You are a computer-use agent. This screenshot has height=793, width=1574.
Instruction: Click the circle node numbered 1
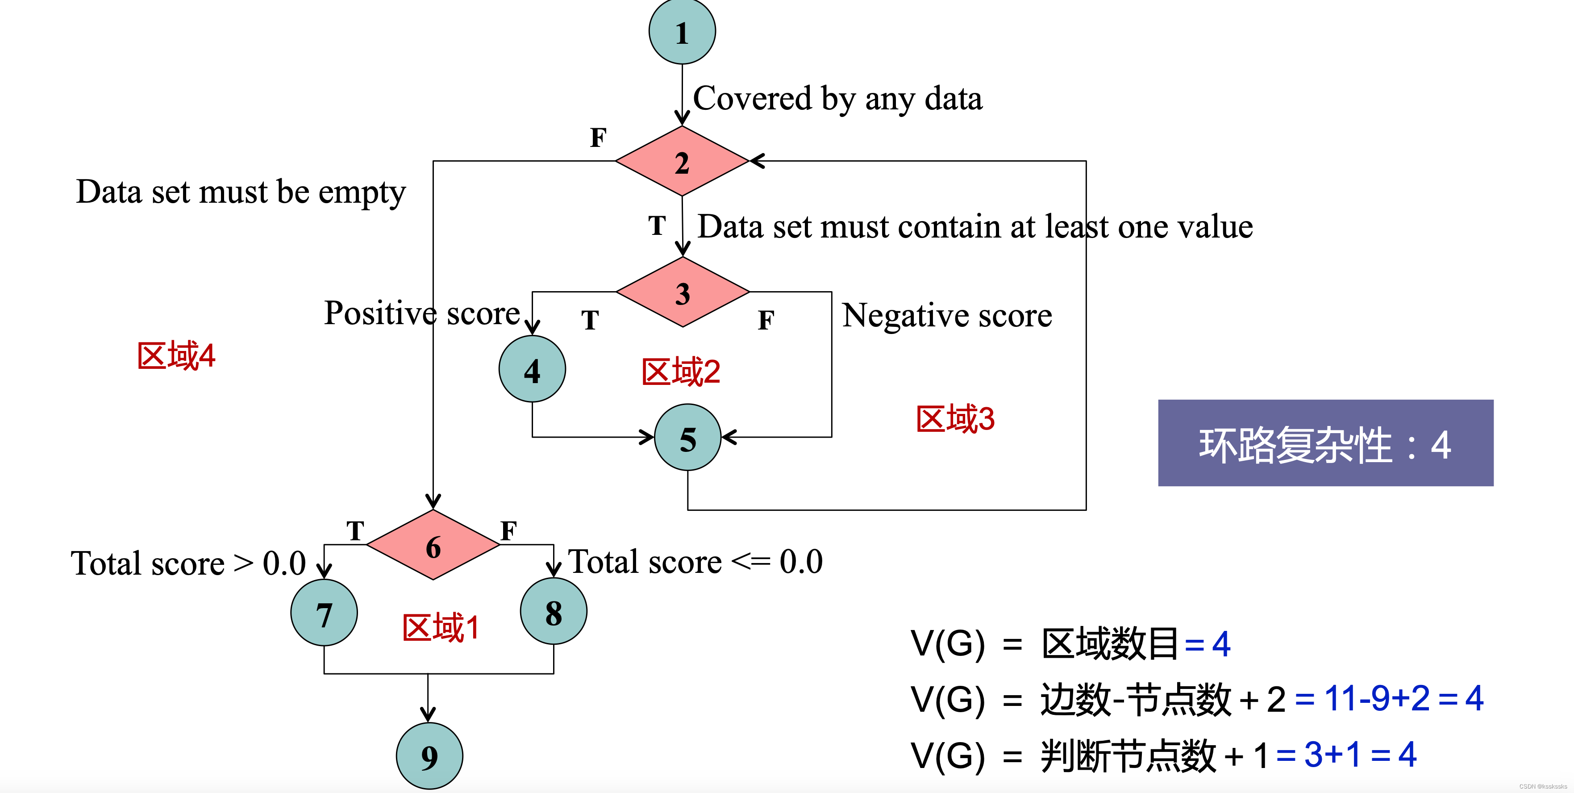[682, 32]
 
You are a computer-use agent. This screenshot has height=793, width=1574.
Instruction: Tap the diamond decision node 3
[683, 292]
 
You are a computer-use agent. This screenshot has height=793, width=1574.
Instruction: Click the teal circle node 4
[532, 369]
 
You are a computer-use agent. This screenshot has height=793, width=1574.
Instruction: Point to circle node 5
[687, 438]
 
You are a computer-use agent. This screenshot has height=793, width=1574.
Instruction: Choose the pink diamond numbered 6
[433, 545]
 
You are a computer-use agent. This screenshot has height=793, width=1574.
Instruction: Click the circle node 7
[324, 613]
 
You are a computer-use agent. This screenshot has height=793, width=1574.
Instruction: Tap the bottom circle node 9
[429, 757]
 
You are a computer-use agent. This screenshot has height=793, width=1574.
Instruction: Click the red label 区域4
[176, 356]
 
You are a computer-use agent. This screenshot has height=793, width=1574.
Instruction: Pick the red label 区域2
[681, 372]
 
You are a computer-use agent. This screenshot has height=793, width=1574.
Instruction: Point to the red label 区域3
[955, 419]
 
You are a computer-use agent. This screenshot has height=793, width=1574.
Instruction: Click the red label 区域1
[441, 628]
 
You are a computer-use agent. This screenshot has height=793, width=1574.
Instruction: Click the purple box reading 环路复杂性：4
[1325, 443]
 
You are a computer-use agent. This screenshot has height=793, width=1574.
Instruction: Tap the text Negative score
[946, 316]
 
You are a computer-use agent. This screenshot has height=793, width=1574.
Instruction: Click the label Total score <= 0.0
[695, 562]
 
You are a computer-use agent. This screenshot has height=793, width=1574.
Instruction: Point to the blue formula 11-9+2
[1377, 698]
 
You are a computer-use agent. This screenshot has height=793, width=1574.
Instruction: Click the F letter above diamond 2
[598, 138]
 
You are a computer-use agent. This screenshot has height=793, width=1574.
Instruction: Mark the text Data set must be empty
[241, 192]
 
